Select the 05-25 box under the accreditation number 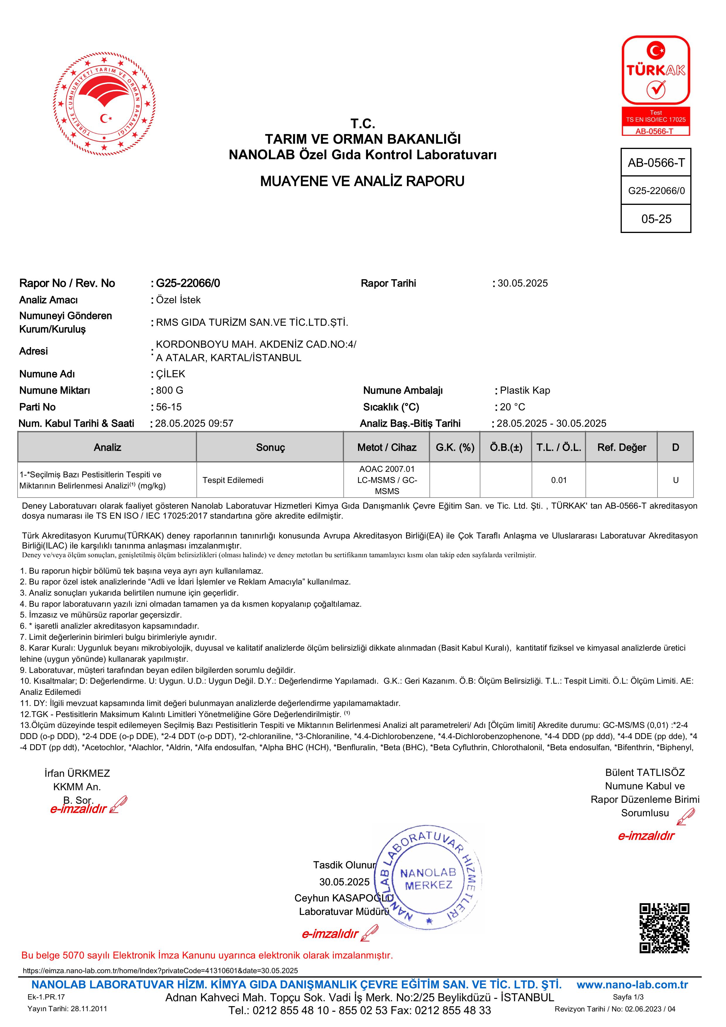656,219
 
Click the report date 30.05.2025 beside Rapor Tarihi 523,283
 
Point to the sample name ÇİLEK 170,374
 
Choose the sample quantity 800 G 169,390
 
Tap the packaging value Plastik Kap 525,390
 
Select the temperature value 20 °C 512,407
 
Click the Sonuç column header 270,447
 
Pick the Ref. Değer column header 621,447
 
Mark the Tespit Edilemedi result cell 233,480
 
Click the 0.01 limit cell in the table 559,480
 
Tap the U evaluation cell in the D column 675,480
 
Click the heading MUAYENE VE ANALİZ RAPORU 362,181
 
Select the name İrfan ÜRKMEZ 77,773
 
